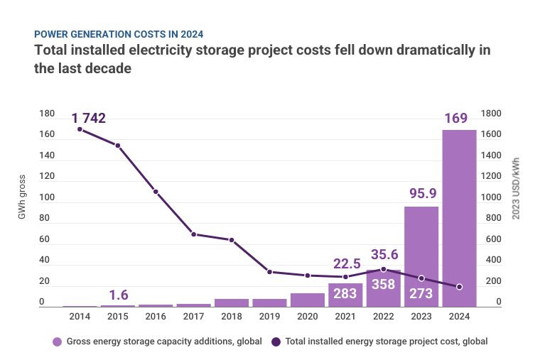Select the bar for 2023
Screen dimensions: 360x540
(x=421, y=256)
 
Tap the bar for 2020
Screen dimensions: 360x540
(x=307, y=300)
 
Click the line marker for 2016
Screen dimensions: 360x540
(x=156, y=192)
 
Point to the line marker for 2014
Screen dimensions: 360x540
(x=80, y=129)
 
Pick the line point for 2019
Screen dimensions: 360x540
(x=269, y=272)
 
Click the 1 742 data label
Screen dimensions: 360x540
(x=88, y=118)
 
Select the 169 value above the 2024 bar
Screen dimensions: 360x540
(x=456, y=118)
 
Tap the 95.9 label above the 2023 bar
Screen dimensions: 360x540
(x=421, y=194)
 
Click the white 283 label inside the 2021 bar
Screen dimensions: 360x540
(x=345, y=294)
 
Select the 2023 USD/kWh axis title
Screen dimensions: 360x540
(x=517, y=187)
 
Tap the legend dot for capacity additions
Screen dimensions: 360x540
(x=58, y=342)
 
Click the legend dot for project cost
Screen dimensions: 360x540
(x=276, y=342)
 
